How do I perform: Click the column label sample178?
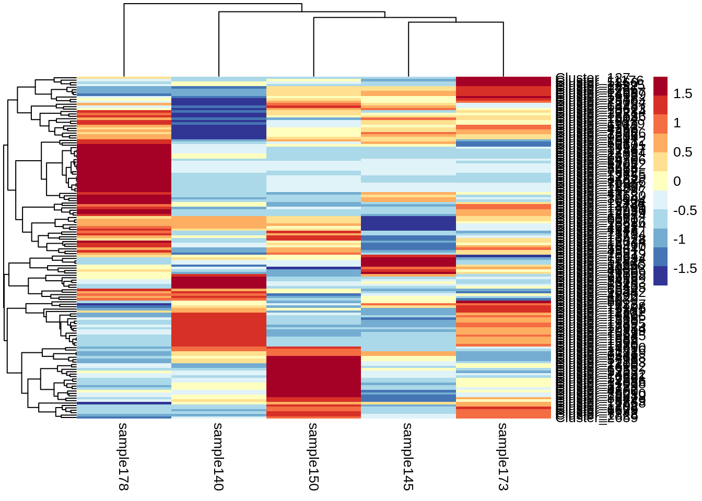click(x=123, y=456)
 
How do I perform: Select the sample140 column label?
click(x=218, y=456)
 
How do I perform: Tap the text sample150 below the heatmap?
click(x=313, y=456)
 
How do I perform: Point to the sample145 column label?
click(x=408, y=456)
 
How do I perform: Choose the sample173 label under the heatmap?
click(x=503, y=456)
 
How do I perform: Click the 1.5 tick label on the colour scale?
click(x=682, y=94)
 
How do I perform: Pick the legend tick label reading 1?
click(x=677, y=123)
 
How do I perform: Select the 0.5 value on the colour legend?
click(x=682, y=152)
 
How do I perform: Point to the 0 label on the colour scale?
click(x=677, y=182)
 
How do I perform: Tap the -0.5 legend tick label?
click(x=685, y=211)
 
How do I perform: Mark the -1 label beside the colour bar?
click(x=680, y=240)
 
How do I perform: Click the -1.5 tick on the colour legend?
click(x=685, y=269)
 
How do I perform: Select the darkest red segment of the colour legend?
click(x=660, y=86)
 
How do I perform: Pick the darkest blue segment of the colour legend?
click(x=660, y=276)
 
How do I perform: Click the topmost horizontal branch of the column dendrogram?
click(x=213, y=4)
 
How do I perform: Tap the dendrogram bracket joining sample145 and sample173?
click(x=455, y=22)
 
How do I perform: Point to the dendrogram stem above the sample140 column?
click(x=219, y=44)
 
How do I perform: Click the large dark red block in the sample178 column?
click(x=124, y=167)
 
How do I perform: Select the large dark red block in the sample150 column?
click(x=313, y=376)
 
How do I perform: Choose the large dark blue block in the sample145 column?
click(x=408, y=223)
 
